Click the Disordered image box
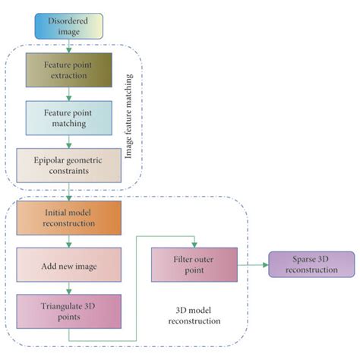tap(68, 26)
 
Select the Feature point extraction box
tap(68, 70)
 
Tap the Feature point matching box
tap(68, 118)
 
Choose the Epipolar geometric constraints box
tap(68, 165)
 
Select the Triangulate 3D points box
tap(68, 311)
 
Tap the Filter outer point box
tap(194, 264)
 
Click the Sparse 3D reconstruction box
tap(311, 264)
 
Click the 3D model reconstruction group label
tap(194, 315)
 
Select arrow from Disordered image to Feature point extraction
tap(68, 46)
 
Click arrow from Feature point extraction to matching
tap(68, 94)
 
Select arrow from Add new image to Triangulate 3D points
tap(68, 288)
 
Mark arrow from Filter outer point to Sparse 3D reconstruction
tap(252, 264)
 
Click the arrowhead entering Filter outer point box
tap(194, 244)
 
